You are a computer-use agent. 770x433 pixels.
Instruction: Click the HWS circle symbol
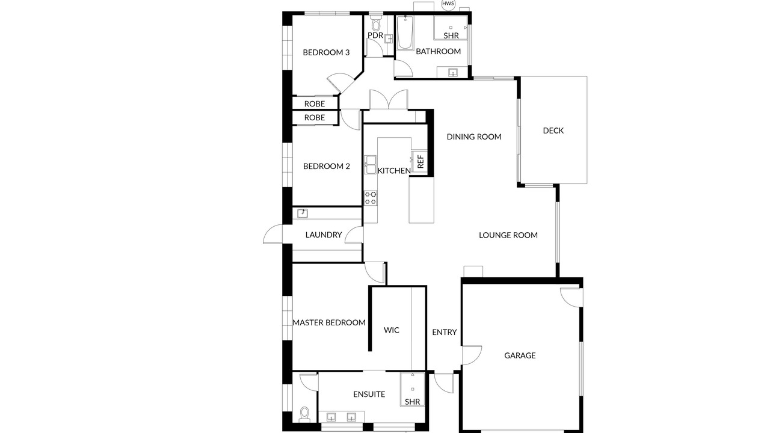click(x=448, y=4)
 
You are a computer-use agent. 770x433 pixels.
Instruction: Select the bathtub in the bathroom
click(x=405, y=32)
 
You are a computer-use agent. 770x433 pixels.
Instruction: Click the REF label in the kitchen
click(x=420, y=162)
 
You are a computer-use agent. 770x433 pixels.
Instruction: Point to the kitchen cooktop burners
click(x=371, y=198)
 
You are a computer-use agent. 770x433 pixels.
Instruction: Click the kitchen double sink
click(x=370, y=165)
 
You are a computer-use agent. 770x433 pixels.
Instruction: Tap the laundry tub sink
click(x=303, y=213)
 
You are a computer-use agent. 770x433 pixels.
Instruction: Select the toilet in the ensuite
click(x=304, y=415)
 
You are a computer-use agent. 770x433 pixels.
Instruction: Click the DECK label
click(x=553, y=131)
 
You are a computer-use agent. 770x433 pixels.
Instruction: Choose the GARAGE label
click(x=520, y=355)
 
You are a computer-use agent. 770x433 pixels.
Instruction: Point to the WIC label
click(x=392, y=330)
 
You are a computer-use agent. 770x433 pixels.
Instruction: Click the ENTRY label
click(x=445, y=333)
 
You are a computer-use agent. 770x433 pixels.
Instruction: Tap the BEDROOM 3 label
click(x=326, y=52)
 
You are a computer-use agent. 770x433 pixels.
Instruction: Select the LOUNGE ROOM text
click(x=508, y=235)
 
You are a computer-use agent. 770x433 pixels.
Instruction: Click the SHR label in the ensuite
click(x=413, y=402)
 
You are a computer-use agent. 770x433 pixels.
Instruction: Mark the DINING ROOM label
click(x=474, y=137)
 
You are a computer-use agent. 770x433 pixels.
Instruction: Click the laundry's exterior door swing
click(x=273, y=234)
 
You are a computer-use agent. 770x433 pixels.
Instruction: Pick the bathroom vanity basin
click(x=453, y=73)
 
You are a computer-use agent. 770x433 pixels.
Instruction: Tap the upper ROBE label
click(x=315, y=104)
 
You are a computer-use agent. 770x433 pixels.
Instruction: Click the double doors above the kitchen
click(x=389, y=100)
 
